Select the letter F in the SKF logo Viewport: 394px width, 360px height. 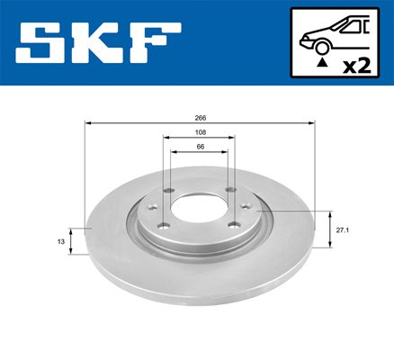155,43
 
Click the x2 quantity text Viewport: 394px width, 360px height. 357,66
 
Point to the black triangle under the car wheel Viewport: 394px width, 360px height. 322,62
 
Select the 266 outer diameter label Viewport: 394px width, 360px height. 201,118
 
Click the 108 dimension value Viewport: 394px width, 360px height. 201,132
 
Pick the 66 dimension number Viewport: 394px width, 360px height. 201,147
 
